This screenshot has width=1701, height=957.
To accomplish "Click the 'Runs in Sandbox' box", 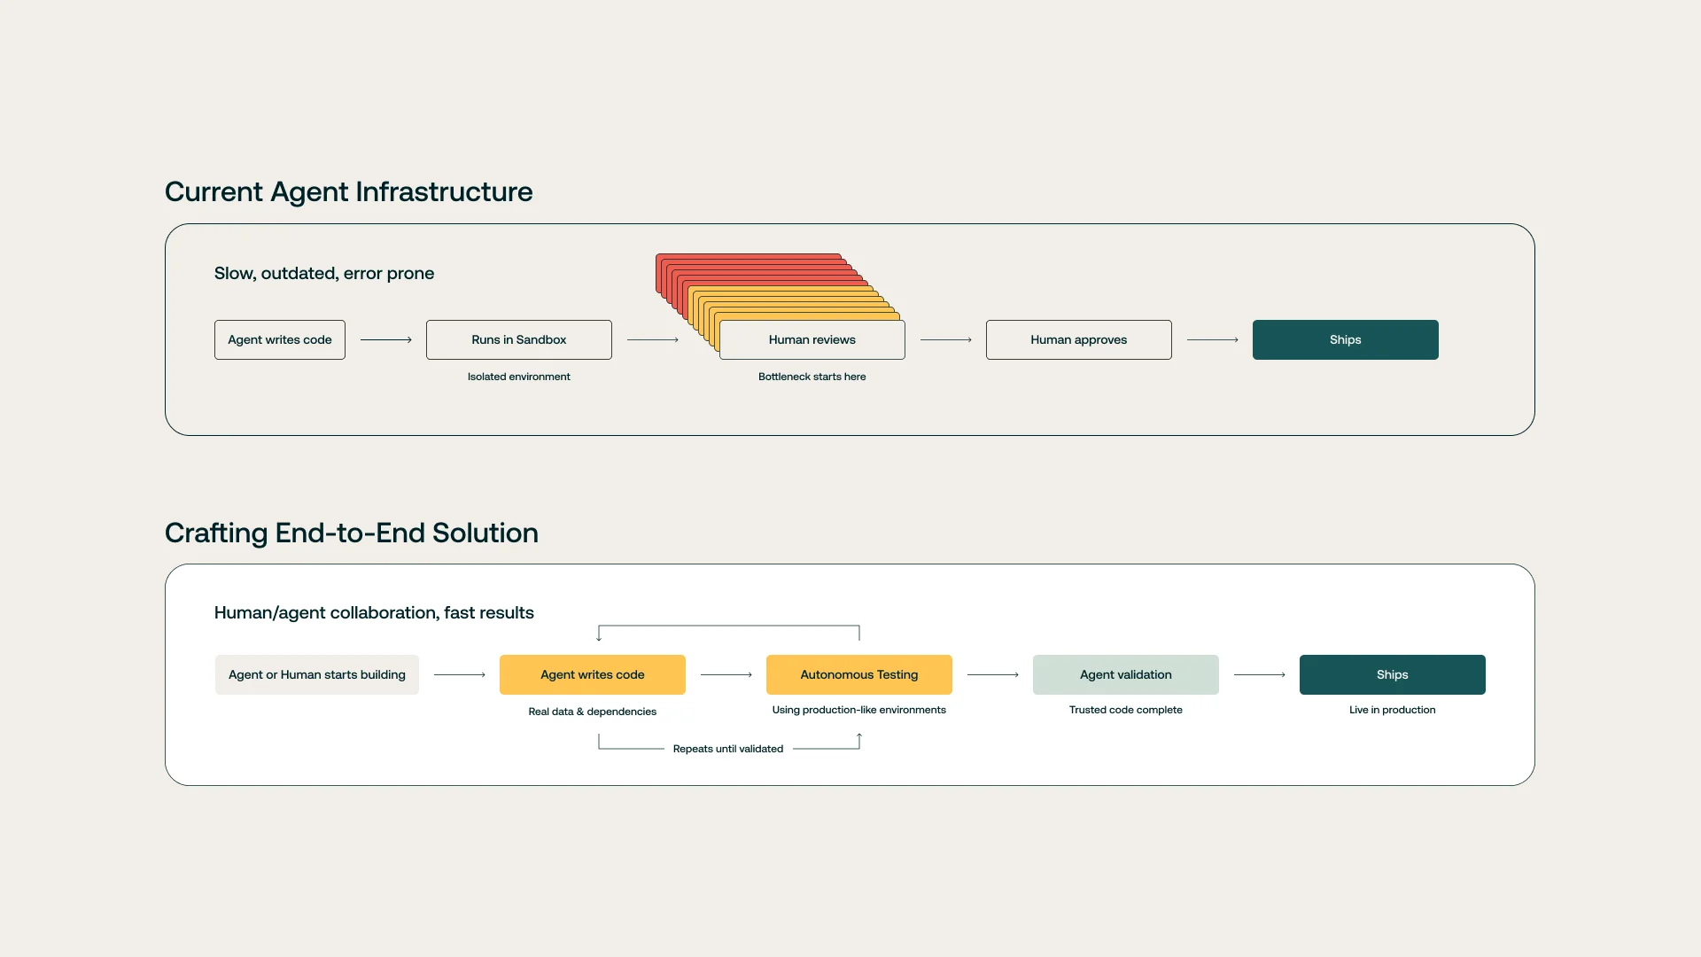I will pyautogui.click(x=518, y=339).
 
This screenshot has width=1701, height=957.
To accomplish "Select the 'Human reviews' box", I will pyautogui.click(x=812, y=339).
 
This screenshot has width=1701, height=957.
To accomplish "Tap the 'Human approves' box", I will pyautogui.click(x=1078, y=339).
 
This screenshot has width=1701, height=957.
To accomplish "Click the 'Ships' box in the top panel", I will pyautogui.click(x=1345, y=339).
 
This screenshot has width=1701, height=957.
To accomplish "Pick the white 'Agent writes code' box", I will pyautogui.click(x=279, y=339).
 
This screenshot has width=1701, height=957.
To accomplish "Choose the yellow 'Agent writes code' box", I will pyautogui.click(x=592, y=674).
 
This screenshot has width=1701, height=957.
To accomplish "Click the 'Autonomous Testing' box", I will pyautogui.click(x=858, y=674).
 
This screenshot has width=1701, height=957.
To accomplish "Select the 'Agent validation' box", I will pyautogui.click(x=1125, y=674).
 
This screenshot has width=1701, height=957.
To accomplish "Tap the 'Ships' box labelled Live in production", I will pyautogui.click(x=1392, y=674).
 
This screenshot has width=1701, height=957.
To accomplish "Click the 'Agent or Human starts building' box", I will pyautogui.click(x=316, y=674).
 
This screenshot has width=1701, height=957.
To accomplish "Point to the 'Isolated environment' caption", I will pyautogui.click(x=518, y=377).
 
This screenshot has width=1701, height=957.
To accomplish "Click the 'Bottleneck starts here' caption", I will pyautogui.click(x=812, y=377).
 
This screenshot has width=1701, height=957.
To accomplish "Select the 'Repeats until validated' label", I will pyautogui.click(x=727, y=749).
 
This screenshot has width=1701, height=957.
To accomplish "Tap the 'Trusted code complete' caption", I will pyautogui.click(x=1125, y=710).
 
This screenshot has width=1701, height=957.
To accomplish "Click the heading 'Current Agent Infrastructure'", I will pyautogui.click(x=348, y=191).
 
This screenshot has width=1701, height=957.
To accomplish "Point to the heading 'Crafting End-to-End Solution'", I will pyautogui.click(x=351, y=533).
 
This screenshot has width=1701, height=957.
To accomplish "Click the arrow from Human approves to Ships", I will pyautogui.click(x=1212, y=339).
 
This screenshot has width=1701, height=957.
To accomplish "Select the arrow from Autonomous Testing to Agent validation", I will pyautogui.click(x=992, y=674).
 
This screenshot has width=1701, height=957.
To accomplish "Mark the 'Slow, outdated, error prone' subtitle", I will pyautogui.click(x=323, y=273).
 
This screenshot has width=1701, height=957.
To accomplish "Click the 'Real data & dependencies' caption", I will pyautogui.click(x=592, y=712).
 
